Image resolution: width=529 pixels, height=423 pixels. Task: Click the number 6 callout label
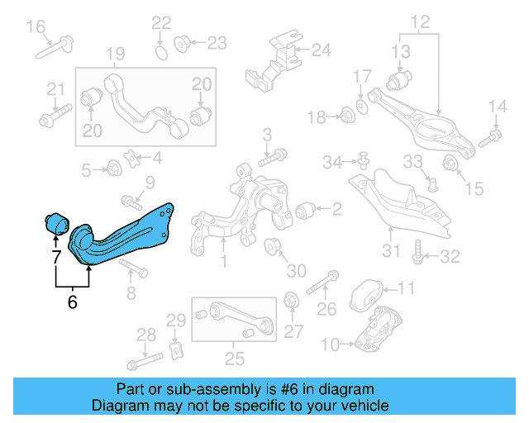(72, 302)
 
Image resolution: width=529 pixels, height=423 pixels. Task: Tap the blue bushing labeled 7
(55, 224)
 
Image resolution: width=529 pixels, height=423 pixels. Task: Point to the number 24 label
(320, 50)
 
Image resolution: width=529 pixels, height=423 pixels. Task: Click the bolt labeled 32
(419, 251)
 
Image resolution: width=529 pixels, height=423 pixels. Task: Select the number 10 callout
(328, 343)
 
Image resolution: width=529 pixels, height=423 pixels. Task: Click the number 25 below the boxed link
(236, 358)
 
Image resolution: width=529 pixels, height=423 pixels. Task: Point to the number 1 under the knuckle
(223, 263)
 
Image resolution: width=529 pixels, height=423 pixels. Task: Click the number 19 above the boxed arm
(115, 55)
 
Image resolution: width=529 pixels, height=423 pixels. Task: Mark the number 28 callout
(145, 335)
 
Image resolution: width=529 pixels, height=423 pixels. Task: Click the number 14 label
(497, 106)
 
